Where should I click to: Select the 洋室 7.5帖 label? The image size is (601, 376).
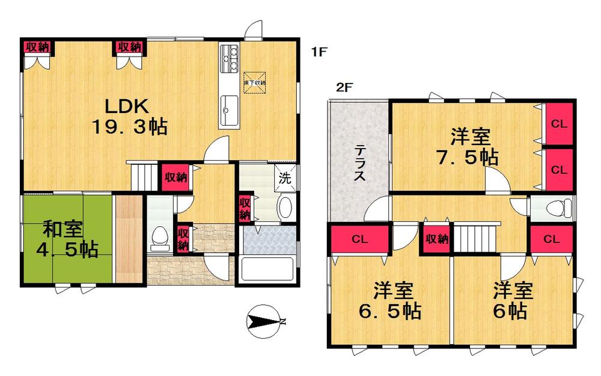coord(467,147)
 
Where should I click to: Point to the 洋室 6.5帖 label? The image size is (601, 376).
coord(388,301)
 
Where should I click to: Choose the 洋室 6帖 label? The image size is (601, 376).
coord(512,301)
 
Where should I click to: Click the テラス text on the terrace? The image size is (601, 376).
coord(359,162)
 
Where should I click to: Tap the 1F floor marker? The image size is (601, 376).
coord(319,53)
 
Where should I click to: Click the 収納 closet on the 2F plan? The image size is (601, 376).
coord(436,239)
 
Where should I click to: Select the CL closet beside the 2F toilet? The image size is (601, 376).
coord(551,239)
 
